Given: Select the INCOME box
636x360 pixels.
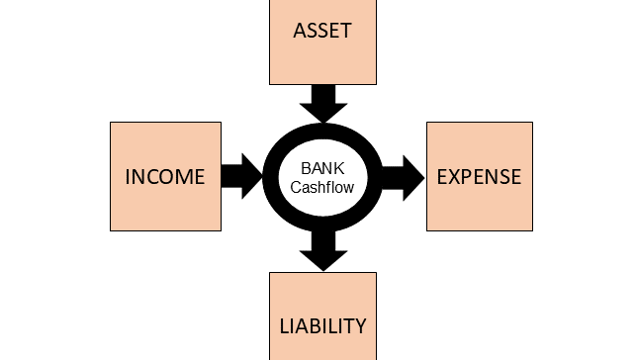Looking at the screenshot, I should tap(165, 176).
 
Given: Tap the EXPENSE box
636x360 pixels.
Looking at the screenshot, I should tap(479, 176).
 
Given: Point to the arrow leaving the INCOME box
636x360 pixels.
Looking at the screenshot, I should tap(240, 176).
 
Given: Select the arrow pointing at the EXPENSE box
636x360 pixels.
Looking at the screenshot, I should tap(402, 177).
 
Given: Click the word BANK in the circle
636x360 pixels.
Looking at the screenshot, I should tap(322, 168).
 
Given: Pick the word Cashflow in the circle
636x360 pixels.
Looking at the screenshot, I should tap(322, 186).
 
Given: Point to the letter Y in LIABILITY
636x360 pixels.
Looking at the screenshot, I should tap(360, 325).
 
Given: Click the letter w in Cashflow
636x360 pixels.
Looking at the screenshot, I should tap(350, 186).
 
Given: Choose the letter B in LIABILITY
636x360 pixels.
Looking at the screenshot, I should tap(317, 325).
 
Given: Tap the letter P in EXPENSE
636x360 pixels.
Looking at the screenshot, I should tap(468, 177).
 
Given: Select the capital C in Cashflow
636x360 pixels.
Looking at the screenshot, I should tap(296, 186).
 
